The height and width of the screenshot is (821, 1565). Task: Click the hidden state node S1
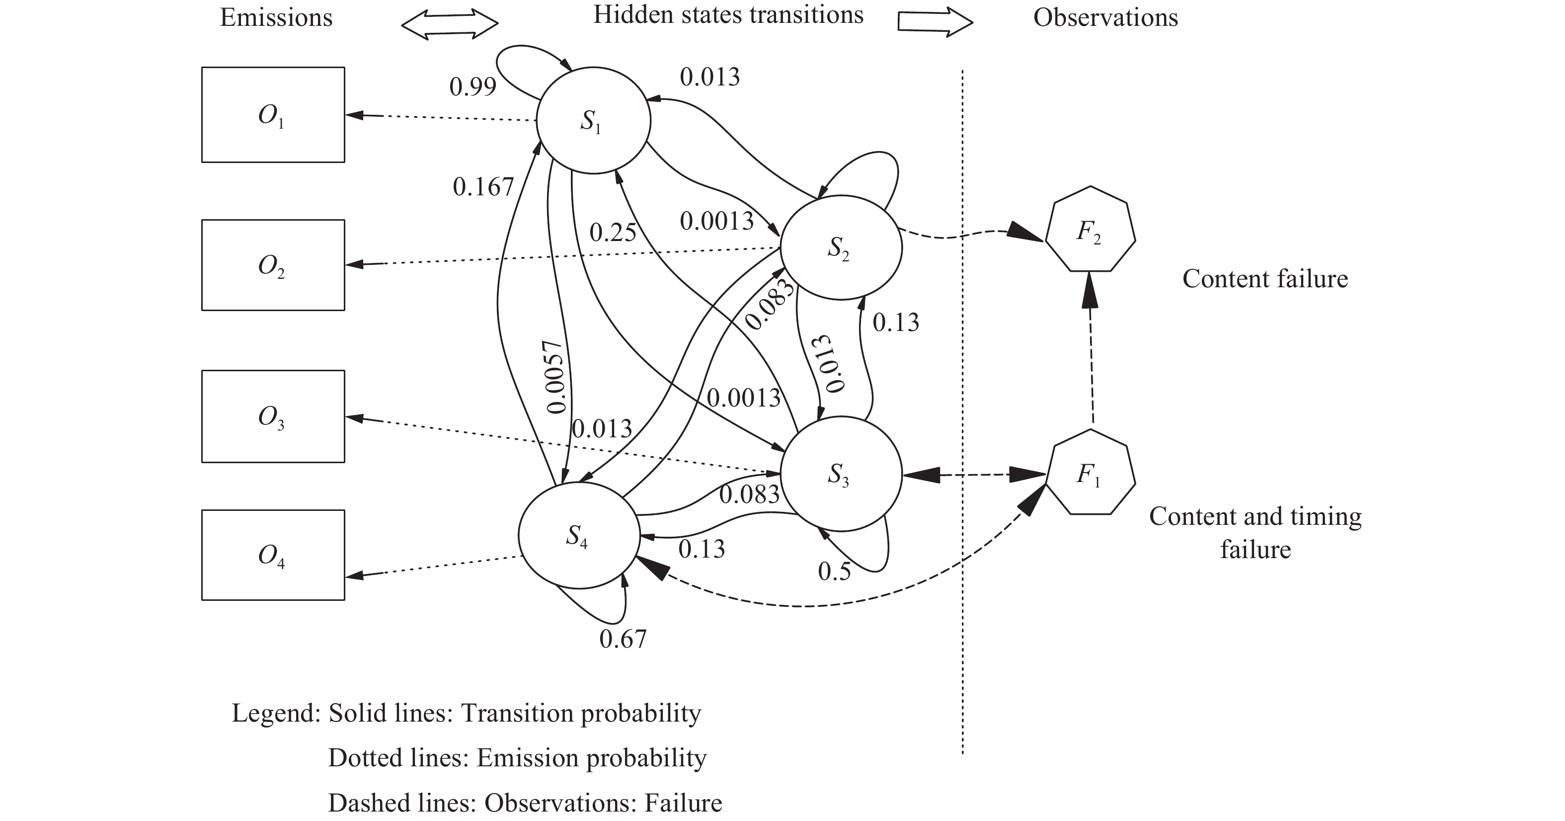[593, 120]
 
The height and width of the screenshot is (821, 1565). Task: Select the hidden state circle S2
[841, 247]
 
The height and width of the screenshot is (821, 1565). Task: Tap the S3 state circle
[841, 474]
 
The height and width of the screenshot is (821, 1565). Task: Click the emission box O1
[273, 115]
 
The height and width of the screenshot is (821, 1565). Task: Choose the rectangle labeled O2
[273, 265]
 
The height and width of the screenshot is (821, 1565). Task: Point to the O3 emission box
[273, 416]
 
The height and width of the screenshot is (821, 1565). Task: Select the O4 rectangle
[273, 555]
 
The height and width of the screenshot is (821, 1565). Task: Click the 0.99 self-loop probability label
[472, 87]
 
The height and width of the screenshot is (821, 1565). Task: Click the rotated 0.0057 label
[556, 377]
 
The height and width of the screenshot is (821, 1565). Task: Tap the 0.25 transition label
[613, 233]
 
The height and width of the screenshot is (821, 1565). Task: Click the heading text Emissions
[276, 17]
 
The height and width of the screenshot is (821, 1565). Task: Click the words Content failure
[1265, 279]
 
